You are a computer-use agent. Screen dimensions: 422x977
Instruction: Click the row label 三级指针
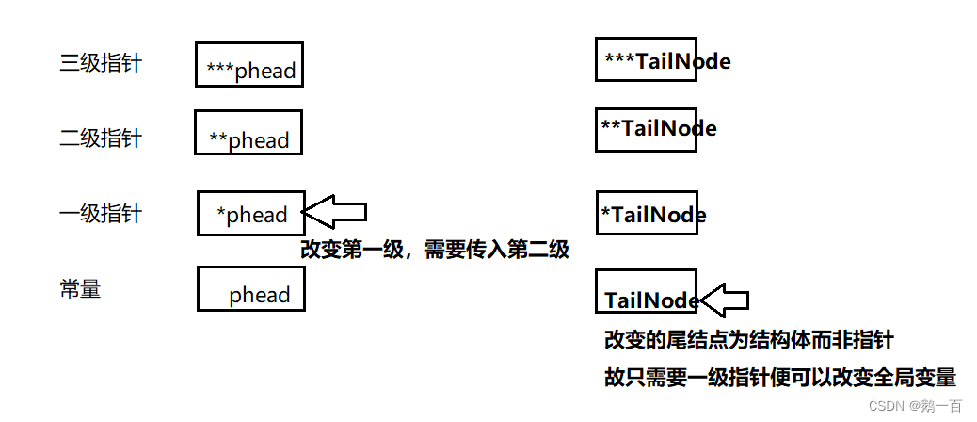pos(100,64)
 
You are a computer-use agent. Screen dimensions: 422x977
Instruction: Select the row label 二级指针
pos(100,138)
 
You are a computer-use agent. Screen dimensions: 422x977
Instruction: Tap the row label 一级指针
pos(100,214)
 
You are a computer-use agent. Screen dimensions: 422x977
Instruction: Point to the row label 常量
pos(80,289)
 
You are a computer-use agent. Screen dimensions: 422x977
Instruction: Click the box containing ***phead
pos(249,65)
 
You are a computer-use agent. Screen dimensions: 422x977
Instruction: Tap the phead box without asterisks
pos(250,289)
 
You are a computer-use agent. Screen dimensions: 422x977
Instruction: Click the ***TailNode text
pos(667,62)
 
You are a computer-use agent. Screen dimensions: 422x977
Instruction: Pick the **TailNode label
pos(659,128)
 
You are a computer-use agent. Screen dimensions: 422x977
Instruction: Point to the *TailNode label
pos(653,215)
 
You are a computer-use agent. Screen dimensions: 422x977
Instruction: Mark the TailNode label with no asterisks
pos(651,300)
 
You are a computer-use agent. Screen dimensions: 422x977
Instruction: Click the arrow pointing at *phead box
pos(335,212)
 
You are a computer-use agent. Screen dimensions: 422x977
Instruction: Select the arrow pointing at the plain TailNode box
pos(724,300)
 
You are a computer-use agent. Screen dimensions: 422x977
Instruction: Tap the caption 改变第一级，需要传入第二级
pos(435,251)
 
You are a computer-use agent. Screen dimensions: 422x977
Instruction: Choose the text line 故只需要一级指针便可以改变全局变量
pos(779,378)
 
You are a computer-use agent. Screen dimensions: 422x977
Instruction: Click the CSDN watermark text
pos(916,406)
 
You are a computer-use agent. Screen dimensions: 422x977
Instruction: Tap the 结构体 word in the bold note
pos(793,340)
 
